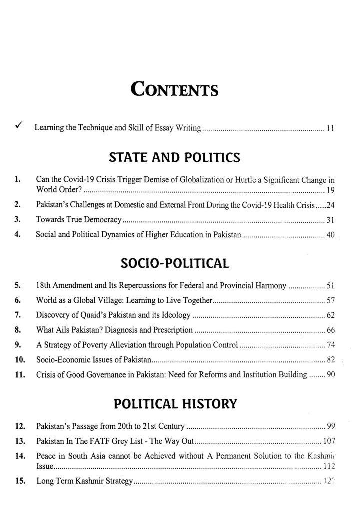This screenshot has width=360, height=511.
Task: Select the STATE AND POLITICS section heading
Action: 174,158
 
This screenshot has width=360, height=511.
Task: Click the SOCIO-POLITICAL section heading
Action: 174,263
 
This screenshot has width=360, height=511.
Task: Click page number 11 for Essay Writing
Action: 330,129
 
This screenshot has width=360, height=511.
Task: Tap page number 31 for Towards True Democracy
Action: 329,219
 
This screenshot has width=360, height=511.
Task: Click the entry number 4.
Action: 18,234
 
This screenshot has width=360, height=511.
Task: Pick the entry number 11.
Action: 20,374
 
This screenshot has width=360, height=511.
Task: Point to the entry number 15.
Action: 20,481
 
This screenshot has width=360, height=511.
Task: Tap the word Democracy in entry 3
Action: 104,219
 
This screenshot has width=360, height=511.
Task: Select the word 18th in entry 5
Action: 43,286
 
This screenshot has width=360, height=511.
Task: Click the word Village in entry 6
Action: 105,301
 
